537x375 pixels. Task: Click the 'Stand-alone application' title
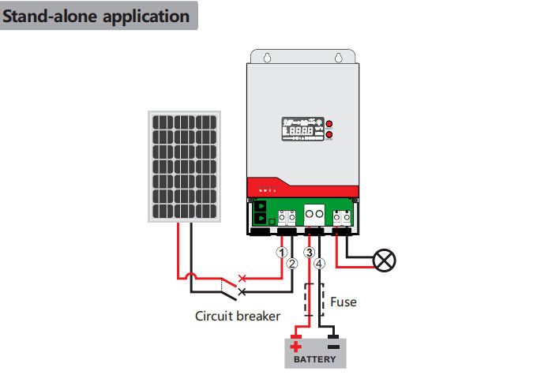tap(98, 16)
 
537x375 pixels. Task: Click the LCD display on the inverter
tap(300, 129)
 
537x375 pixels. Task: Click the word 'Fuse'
tap(343, 302)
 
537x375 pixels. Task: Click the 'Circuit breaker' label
tap(238, 316)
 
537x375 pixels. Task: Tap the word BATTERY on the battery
tap(314, 359)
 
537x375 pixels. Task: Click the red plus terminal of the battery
tap(296, 345)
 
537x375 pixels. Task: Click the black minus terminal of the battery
tap(333, 345)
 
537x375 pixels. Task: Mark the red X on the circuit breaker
tap(242, 279)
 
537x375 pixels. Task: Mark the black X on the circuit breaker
tap(242, 291)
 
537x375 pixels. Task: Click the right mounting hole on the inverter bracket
tap(339, 58)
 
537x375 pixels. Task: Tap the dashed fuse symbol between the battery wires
tap(314, 301)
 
